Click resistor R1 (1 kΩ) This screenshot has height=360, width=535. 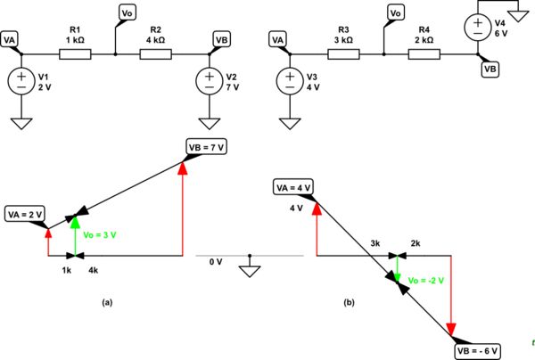point(75,54)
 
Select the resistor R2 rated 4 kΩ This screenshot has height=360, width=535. point(155,54)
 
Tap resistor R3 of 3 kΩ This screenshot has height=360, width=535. point(342,54)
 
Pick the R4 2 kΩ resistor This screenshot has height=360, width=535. point(423,54)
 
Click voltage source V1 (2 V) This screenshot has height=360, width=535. point(21,82)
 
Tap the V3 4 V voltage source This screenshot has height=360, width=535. point(288,82)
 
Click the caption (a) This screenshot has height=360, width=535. point(107,302)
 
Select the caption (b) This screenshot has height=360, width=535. point(350,302)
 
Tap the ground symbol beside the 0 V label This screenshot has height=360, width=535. point(250,272)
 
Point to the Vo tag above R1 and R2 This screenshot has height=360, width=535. point(128,12)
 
